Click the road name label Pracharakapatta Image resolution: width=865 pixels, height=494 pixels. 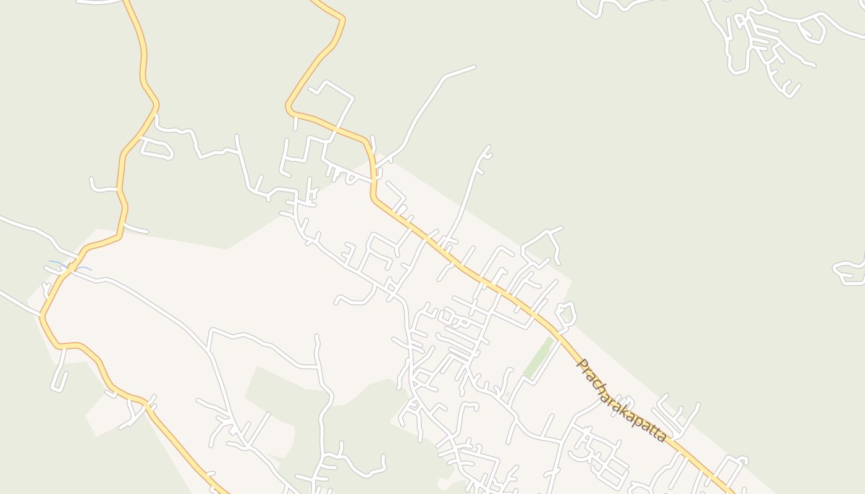click(x=621, y=401)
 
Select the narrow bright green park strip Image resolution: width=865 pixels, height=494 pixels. click(x=538, y=358)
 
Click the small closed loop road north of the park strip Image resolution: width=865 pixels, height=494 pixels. click(x=566, y=314)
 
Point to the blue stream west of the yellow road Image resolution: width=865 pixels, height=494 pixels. click(x=57, y=264)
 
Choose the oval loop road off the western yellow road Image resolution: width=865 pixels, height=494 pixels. click(x=157, y=149)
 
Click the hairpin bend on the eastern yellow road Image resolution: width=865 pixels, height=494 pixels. click(x=342, y=20)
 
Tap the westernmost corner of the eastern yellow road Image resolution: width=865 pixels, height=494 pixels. click(x=289, y=108)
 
